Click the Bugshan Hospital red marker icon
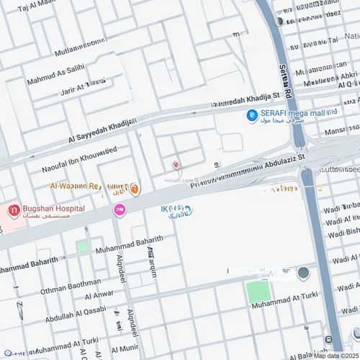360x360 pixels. [14, 211]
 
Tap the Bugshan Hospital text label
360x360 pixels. [55, 209]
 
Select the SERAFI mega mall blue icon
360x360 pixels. [252, 115]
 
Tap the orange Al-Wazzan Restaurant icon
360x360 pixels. [135, 189]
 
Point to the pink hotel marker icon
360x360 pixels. [120, 210]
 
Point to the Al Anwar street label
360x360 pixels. [99, 294]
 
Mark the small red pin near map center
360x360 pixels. [176, 166]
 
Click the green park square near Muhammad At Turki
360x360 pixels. [258, 291]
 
